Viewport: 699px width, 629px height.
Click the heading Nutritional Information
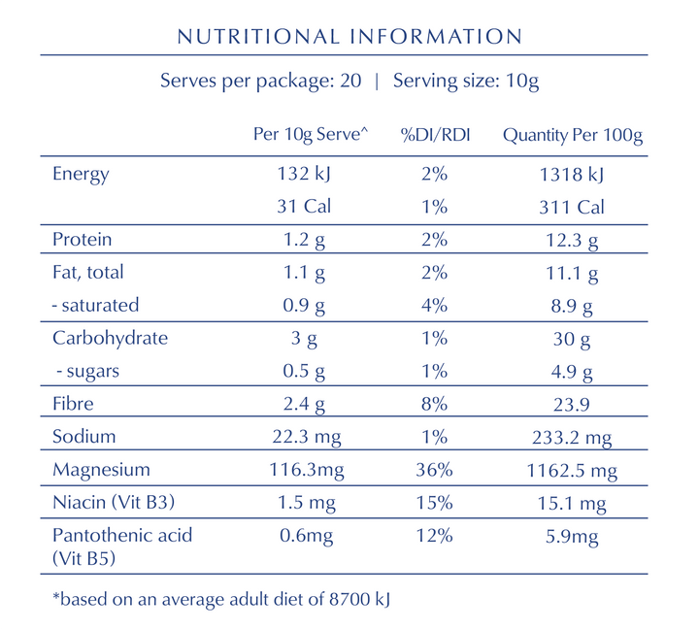point(349,37)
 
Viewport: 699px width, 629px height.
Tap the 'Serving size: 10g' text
point(466,81)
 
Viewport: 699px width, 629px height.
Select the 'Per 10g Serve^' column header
point(311,136)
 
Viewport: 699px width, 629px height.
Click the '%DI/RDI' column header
point(435,136)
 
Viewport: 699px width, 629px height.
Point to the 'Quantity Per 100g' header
point(573,136)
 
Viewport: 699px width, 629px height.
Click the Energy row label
point(81,175)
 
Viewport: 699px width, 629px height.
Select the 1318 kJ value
point(573,175)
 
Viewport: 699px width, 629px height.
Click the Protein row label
point(82,240)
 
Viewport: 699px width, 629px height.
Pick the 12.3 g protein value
point(573,240)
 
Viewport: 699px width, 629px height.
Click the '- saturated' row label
point(95,305)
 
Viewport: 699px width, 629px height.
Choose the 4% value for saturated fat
point(435,305)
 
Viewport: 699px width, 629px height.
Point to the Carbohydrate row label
point(110,339)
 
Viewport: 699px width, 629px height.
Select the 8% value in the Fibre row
point(435,404)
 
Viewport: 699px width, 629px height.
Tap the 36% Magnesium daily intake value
point(435,470)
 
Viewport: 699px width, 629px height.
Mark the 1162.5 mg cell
point(573,470)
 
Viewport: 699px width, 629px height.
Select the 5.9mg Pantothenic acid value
point(573,536)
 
